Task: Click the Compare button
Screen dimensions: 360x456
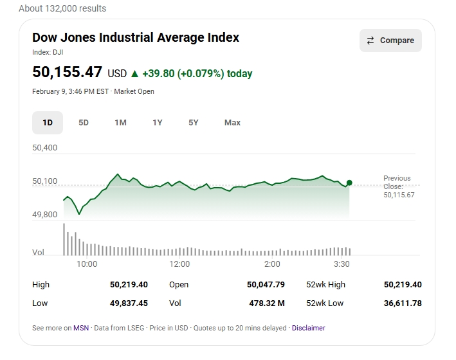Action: pyautogui.click(x=390, y=40)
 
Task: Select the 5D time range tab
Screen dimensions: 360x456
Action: pyautogui.click(x=84, y=123)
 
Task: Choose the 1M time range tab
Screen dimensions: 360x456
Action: pyautogui.click(x=120, y=123)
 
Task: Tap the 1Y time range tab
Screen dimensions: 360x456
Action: pyautogui.click(x=158, y=123)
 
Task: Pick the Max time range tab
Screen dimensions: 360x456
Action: pyautogui.click(x=232, y=123)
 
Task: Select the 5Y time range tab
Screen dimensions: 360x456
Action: pyautogui.click(x=194, y=123)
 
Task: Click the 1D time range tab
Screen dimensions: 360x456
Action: pyautogui.click(x=48, y=123)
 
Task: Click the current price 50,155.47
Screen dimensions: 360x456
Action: pyautogui.click(x=68, y=72)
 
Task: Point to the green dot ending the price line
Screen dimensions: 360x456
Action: pyautogui.click(x=349, y=183)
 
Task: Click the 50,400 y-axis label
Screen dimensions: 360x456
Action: pyautogui.click(x=45, y=148)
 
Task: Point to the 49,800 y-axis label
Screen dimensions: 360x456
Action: pyautogui.click(x=45, y=215)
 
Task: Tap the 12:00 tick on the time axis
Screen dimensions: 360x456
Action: pyautogui.click(x=179, y=264)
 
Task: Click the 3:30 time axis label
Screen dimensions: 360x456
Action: pyautogui.click(x=342, y=264)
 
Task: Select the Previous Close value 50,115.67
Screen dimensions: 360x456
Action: pyautogui.click(x=399, y=195)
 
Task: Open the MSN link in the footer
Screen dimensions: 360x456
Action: pyautogui.click(x=81, y=328)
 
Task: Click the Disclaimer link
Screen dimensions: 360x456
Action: pyautogui.click(x=309, y=328)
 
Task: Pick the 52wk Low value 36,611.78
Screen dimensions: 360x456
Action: pyautogui.click(x=403, y=303)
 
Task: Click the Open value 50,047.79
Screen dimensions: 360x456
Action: pyautogui.click(x=266, y=284)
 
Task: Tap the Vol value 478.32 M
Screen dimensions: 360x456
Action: pyautogui.click(x=267, y=303)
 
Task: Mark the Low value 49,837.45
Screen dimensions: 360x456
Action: pyautogui.click(x=129, y=303)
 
